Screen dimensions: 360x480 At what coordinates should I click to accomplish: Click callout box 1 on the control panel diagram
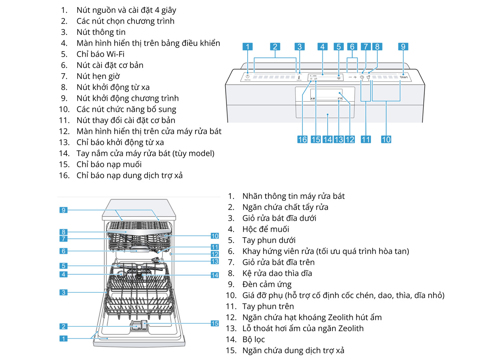pyautogui.click(x=248, y=47)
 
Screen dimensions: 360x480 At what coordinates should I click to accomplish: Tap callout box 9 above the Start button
pyautogui.click(x=403, y=47)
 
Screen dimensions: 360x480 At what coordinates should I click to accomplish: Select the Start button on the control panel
pyautogui.click(x=403, y=77)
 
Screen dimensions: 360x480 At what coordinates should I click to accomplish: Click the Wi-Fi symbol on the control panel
pyautogui.click(x=339, y=77)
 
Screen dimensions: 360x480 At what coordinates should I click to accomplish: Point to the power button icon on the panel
pyautogui.click(x=248, y=76)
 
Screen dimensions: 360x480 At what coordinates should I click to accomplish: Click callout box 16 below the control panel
pyautogui.click(x=302, y=139)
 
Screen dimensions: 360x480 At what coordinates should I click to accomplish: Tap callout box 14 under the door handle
pyautogui.click(x=328, y=139)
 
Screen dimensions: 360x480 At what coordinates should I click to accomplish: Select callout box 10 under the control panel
pyautogui.click(x=386, y=139)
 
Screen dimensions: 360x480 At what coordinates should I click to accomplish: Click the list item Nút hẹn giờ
pyautogui.click(x=98, y=76)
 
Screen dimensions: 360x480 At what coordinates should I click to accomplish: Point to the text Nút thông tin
pyautogui.click(x=101, y=32)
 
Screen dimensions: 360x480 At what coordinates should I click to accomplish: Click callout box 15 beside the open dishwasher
pyautogui.click(x=214, y=323)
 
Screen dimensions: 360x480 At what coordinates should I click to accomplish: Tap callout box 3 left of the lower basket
pyautogui.click(x=64, y=292)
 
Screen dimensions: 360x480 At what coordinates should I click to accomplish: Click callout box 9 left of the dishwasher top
pyautogui.click(x=64, y=210)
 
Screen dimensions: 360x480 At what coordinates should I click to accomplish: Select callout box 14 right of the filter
pyautogui.click(x=215, y=275)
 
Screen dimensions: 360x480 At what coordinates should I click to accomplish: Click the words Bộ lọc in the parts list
pyautogui.click(x=254, y=340)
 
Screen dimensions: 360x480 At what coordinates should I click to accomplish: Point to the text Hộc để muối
pyautogui.click(x=266, y=229)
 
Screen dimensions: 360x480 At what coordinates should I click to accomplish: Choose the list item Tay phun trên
pyautogui.click(x=268, y=306)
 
